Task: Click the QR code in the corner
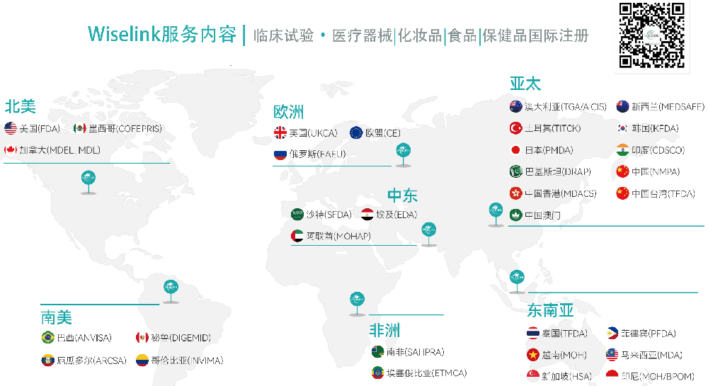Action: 652,35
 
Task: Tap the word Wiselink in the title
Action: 123,35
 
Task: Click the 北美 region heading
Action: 21,106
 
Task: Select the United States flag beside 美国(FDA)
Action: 11,128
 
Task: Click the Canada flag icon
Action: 11,150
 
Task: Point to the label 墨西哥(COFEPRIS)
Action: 125,128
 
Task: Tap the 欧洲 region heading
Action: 288,111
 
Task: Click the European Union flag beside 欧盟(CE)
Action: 356,132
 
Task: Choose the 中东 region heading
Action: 402,195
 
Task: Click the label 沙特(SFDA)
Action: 329,214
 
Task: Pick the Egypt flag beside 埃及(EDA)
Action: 367,214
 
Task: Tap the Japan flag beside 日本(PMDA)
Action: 516,150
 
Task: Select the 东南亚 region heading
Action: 550,310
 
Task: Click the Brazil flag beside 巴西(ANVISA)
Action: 48,338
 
